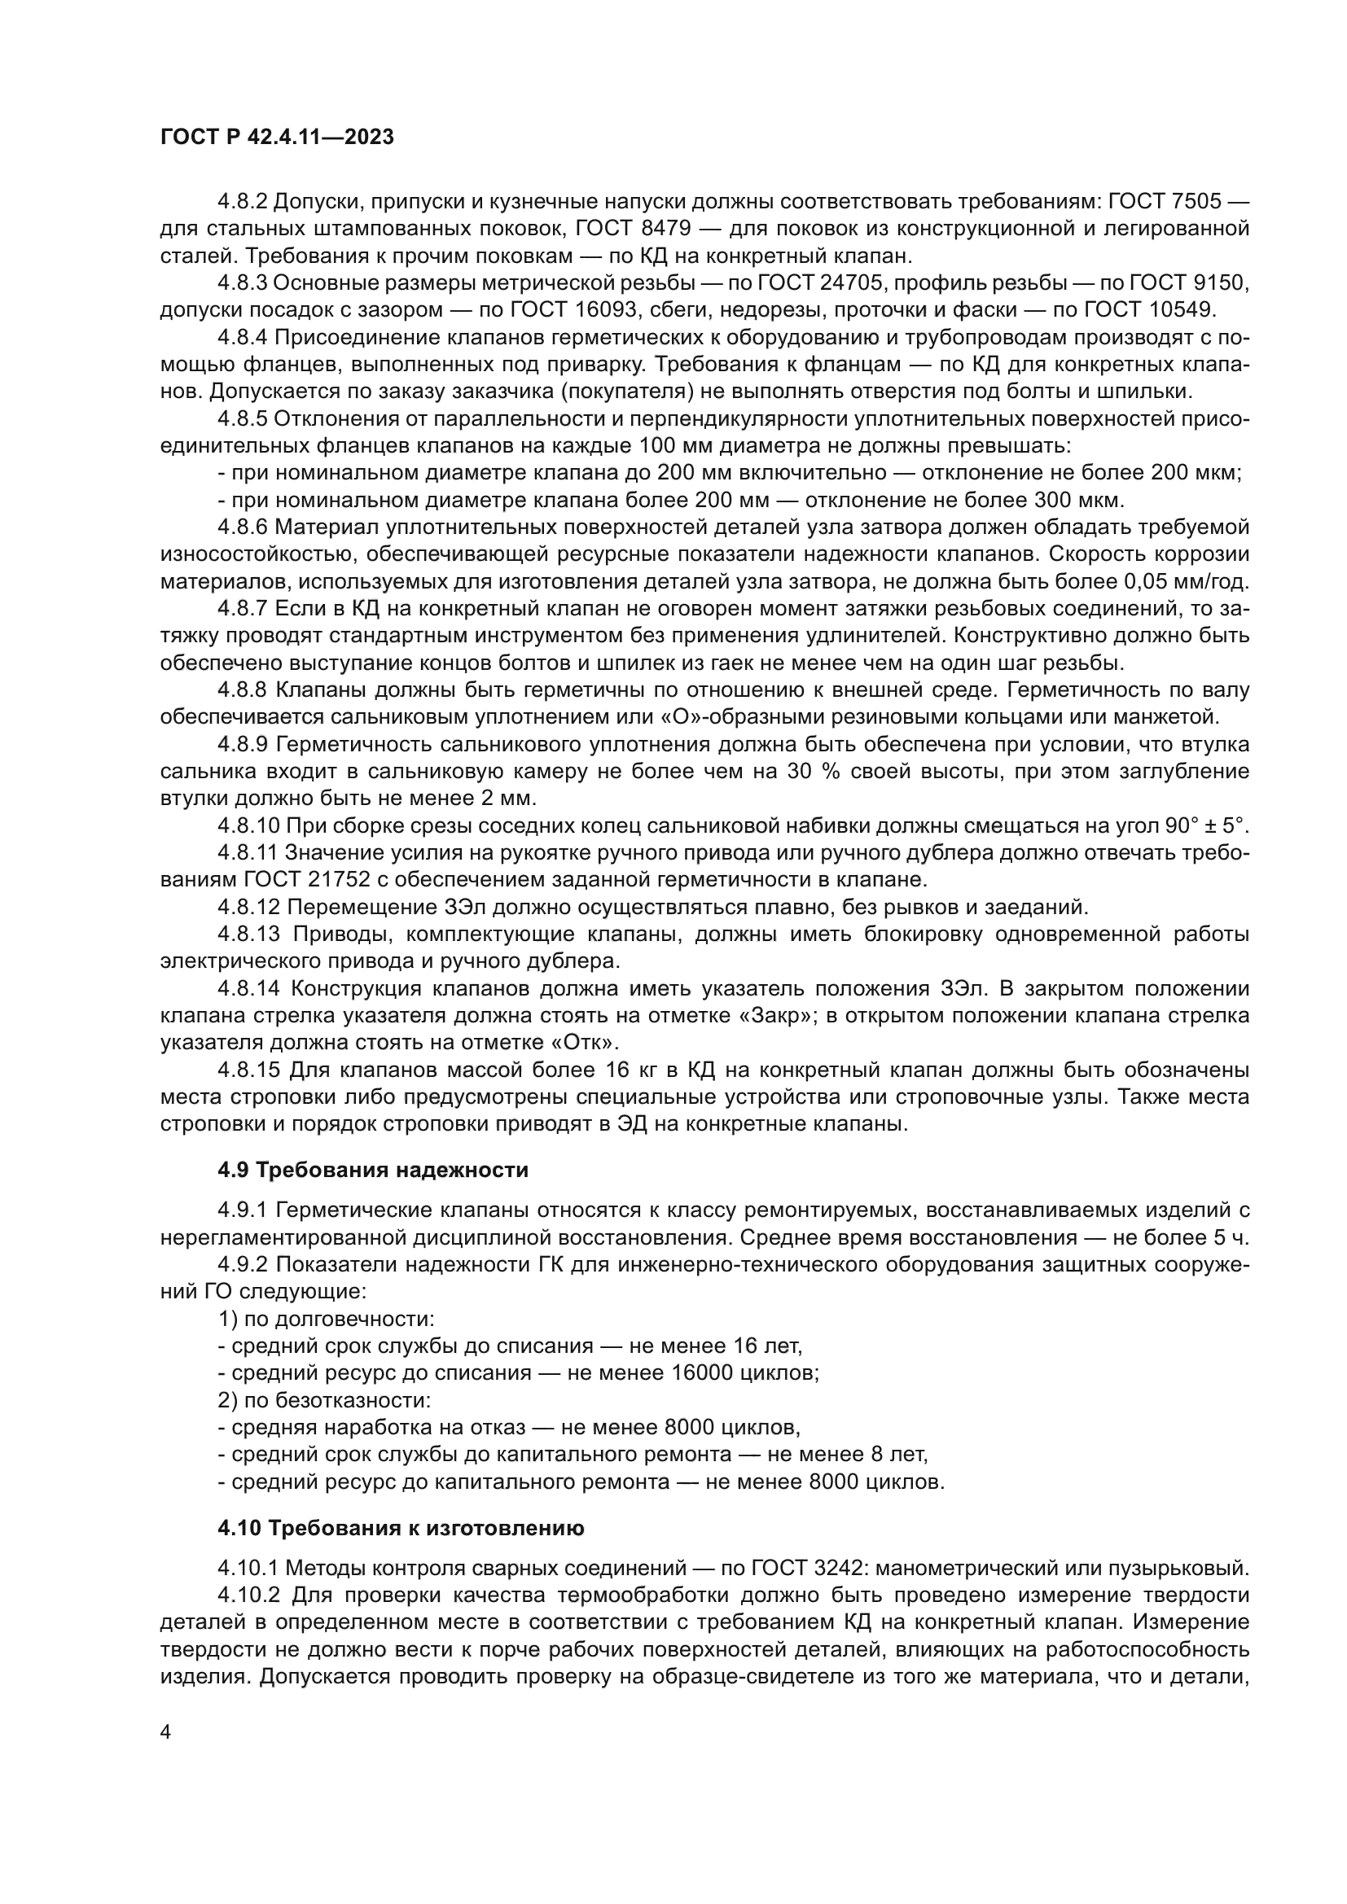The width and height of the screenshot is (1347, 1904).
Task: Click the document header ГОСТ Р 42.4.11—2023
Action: [x=276, y=138]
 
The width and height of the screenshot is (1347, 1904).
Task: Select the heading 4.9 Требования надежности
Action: [x=372, y=1170]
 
